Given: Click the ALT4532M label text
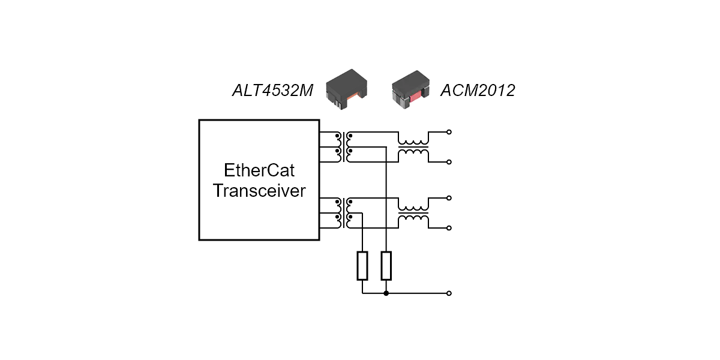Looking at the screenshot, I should [x=272, y=91].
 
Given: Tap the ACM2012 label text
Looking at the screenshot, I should [x=478, y=91].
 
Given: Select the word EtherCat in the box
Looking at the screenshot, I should [x=259, y=170].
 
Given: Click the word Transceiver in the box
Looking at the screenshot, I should [x=259, y=191].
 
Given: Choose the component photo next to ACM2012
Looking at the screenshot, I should [x=412, y=90].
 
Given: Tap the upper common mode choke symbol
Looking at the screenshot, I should [x=413, y=147].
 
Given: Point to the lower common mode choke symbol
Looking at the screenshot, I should [x=413, y=213].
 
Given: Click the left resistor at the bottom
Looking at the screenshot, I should [x=362, y=266].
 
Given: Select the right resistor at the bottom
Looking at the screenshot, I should [x=386, y=266].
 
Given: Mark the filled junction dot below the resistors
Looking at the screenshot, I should [x=386, y=293].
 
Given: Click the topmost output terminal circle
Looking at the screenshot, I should [x=449, y=132].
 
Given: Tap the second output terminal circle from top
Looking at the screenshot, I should [x=449, y=162].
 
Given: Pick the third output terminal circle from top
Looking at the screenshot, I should [x=449, y=198].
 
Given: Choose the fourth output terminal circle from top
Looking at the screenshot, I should [x=449, y=228].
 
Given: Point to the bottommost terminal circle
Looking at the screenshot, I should [x=449, y=293].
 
